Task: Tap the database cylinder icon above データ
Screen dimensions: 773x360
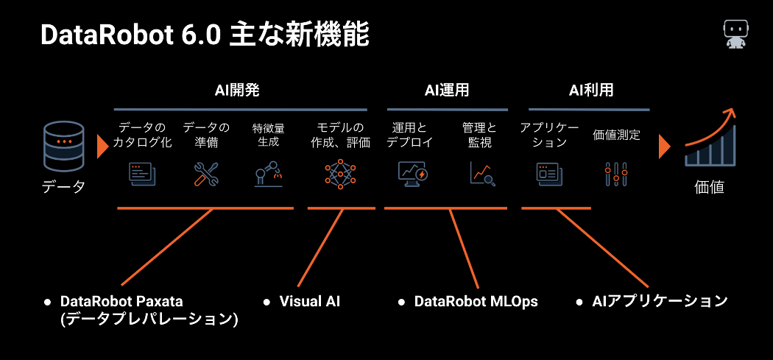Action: point(63,146)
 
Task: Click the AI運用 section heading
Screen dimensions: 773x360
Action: point(447,91)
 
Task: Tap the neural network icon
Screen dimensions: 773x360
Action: point(340,174)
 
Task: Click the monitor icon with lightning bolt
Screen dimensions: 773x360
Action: point(412,174)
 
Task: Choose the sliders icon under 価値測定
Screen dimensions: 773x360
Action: point(616,174)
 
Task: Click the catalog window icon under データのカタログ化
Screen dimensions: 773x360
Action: point(142,174)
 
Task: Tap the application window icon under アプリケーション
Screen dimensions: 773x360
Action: point(547,174)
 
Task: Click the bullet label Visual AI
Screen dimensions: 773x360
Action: point(310,301)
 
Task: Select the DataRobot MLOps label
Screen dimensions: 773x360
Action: point(476,301)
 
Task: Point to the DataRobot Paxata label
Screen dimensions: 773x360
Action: point(121,301)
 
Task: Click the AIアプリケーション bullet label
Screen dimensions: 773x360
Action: point(659,301)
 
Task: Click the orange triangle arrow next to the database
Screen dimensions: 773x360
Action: point(102,147)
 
